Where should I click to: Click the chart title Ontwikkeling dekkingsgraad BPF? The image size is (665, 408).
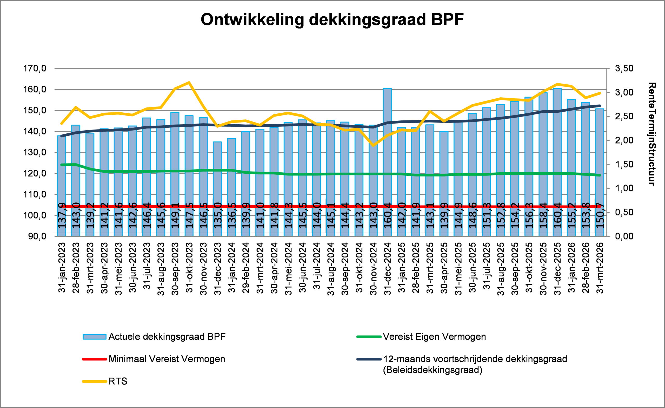332,19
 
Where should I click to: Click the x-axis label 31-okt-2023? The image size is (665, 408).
189,267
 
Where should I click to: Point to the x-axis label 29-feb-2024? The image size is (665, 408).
246,267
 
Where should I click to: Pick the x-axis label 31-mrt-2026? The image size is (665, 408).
600,267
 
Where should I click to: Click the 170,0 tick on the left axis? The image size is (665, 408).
35,69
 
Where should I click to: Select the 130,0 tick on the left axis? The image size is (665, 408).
35,152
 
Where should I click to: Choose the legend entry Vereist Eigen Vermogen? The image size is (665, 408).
434,337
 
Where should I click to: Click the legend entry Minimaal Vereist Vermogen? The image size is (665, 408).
167,359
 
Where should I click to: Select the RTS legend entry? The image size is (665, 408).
118,381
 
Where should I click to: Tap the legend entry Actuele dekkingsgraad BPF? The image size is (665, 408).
167,337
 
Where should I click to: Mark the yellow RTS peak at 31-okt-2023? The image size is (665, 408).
189,83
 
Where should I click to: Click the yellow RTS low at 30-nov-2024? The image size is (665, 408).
373,145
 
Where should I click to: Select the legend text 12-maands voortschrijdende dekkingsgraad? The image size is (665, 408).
475,359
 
